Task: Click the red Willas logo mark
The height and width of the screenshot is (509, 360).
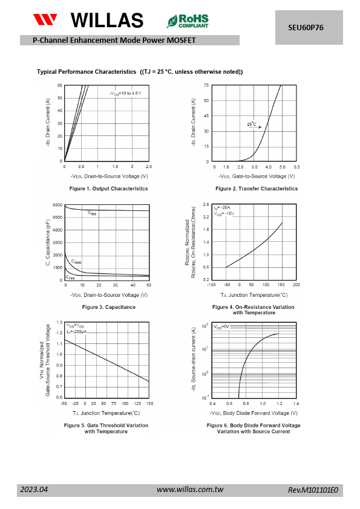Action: click(x=45, y=19)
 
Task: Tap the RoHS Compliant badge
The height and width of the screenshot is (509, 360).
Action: click(x=188, y=21)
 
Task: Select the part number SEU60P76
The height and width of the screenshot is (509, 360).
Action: click(x=306, y=28)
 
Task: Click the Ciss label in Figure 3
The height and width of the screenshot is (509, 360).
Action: click(x=92, y=213)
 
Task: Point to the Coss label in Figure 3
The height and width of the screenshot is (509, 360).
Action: click(x=76, y=262)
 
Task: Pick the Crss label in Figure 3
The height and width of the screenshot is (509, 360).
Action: click(x=70, y=277)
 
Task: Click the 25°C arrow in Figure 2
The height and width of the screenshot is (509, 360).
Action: click(x=255, y=127)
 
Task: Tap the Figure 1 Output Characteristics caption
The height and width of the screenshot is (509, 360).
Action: click(x=108, y=189)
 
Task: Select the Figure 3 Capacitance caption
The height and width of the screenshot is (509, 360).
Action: click(x=109, y=307)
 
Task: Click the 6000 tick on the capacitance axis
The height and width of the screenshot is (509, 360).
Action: click(x=57, y=205)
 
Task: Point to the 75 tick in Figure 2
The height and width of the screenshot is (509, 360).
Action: click(x=206, y=85)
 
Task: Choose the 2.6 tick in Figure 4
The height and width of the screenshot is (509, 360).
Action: click(x=206, y=204)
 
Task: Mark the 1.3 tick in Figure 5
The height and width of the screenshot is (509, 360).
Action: click(x=59, y=322)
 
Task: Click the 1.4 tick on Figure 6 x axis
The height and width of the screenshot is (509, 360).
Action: click(x=296, y=403)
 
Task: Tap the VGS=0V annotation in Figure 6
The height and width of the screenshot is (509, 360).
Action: click(x=221, y=326)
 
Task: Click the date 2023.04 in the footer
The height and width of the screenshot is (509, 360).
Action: click(x=34, y=489)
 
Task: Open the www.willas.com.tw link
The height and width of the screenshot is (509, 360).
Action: click(x=190, y=489)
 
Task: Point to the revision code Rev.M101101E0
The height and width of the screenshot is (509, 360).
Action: click(x=313, y=490)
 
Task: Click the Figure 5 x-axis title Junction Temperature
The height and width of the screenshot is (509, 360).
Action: click(x=106, y=413)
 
